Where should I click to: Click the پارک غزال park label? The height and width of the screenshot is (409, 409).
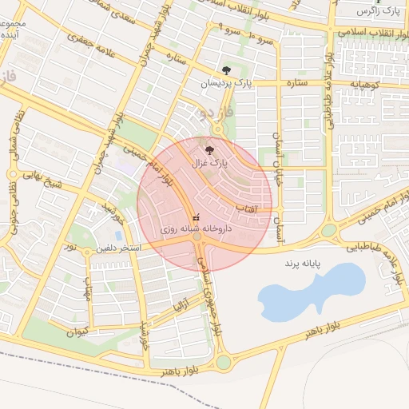(x=208, y=162)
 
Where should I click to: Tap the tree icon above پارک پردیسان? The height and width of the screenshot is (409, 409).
(x=227, y=70)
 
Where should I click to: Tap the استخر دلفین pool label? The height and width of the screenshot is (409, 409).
(x=118, y=248)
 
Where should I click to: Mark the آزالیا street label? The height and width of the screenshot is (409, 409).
(x=181, y=304)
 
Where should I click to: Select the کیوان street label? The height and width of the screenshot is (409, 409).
(x=77, y=332)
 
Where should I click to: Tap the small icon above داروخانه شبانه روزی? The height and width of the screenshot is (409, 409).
(x=197, y=216)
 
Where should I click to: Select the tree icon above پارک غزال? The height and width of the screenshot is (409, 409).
(x=209, y=149)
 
